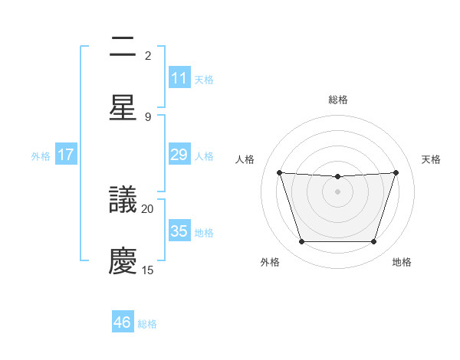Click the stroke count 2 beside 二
pyautogui.click(x=148, y=56)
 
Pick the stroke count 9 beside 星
pyautogui.click(x=148, y=116)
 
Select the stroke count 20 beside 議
pyautogui.click(x=148, y=208)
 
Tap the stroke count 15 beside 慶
pyautogui.click(x=148, y=270)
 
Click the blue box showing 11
pyautogui.click(x=179, y=78)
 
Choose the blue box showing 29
pyautogui.click(x=179, y=155)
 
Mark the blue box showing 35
pyautogui.click(x=179, y=231)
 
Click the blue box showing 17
pyautogui.click(x=66, y=155)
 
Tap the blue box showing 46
pyautogui.click(x=123, y=322)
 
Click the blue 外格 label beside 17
pyautogui.click(x=41, y=155)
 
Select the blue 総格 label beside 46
pyautogui.click(x=147, y=324)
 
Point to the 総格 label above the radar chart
pyautogui.click(x=338, y=100)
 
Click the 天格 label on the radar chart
pyautogui.click(x=432, y=159)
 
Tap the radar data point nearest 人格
pyautogui.click(x=280, y=173)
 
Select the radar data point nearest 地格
pyautogui.click(x=373, y=242)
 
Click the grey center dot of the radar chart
pyautogui.click(x=337, y=191)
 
